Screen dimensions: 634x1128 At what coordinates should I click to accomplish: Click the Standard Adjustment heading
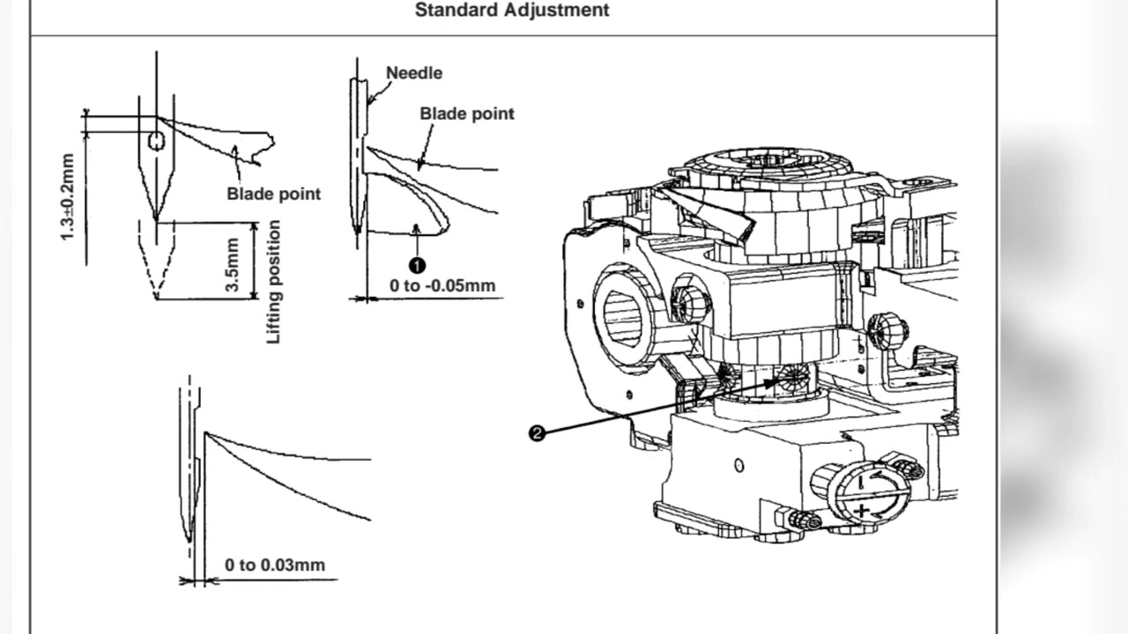tap(511, 11)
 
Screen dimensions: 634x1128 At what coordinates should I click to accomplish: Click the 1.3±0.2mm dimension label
tap(68, 197)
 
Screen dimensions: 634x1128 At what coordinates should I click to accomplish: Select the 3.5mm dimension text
tap(234, 268)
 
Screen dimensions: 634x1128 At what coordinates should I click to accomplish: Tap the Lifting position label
tap(274, 282)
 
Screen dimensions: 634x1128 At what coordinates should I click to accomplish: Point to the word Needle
tap(414, 73)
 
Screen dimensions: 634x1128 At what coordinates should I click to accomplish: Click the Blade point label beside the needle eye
tap(274, 194)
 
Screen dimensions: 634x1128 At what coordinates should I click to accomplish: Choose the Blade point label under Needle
tap(466, 114)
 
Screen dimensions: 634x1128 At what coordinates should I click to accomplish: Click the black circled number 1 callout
tap(417, 265)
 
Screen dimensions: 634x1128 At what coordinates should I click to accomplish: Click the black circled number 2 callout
tap(537, 433)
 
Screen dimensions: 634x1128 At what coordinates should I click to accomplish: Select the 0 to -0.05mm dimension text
tap(442, 285)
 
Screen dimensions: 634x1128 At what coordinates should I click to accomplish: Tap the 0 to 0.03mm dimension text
tap(274, 564)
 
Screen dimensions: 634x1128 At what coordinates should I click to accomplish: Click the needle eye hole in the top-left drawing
tap(156, 142)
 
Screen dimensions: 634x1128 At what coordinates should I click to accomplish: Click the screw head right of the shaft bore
tap(690, 303)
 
